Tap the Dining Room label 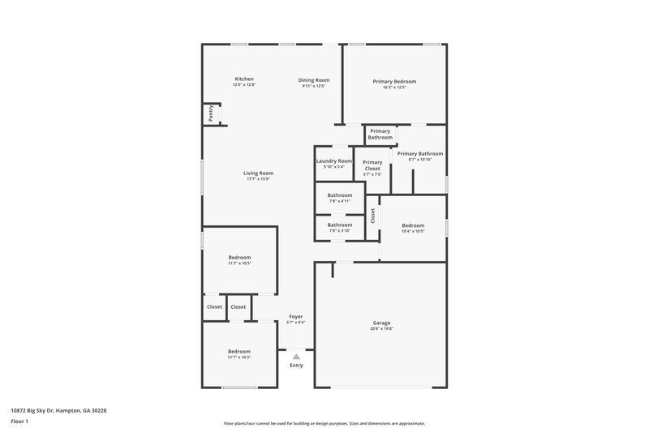tap(313, 79)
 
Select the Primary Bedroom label tap(394, 81)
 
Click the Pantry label tap(211, 113)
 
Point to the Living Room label tap(258, 173)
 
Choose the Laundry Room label tap(334, 160)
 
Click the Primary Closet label tap(372, 165)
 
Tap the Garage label tap(381, 323)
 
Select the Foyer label tap(296, 316)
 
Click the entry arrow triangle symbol tap(297, 355)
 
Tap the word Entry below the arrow tap(297, 366)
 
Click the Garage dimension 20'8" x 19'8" tap(381, 328)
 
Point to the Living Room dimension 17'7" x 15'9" tap(258, 178)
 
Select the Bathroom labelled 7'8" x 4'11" tap(340, 195)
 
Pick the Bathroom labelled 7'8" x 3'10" tap(340, 225)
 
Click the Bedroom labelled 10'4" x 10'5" tap(413, 225)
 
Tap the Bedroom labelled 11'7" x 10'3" tap(239, 351)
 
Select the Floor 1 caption tap(20, 422)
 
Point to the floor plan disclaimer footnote tap(324, 423)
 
